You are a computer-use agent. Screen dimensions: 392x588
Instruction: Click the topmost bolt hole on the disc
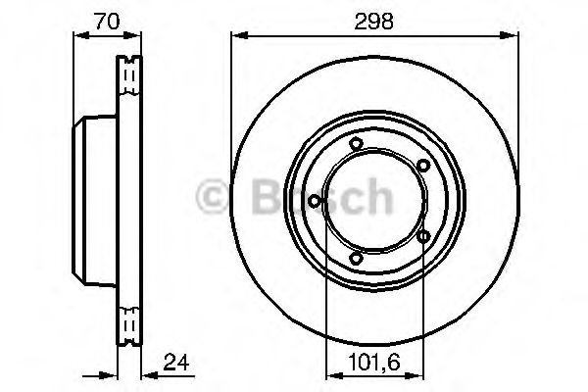[x=356, y=147]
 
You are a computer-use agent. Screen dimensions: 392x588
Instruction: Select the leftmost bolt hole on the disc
[x=314, y=202]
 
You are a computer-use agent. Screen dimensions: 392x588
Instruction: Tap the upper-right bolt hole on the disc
[x=422, y=166]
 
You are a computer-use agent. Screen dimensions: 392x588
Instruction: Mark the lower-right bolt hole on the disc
[x=422, y=236]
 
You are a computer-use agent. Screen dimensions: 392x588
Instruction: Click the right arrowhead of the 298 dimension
[x=513, y=37]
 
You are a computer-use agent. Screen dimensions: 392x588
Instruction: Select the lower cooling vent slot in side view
[x=128, y=322]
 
